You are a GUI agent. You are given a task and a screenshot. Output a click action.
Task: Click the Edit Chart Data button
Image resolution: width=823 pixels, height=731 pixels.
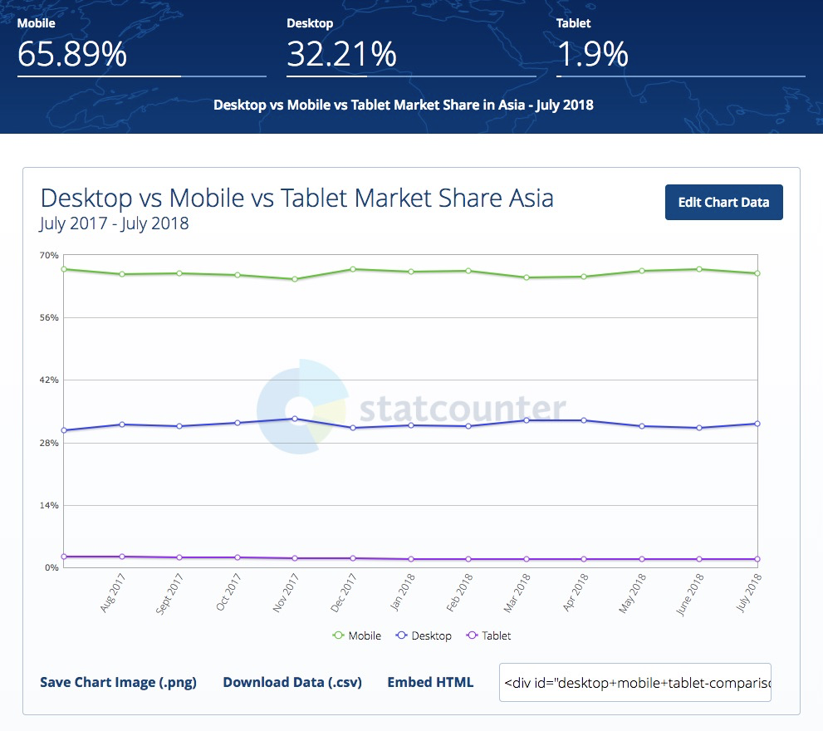pyautogui.click(x=723, y=202)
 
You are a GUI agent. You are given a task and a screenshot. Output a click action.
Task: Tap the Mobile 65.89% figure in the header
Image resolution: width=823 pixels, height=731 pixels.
pyautogui.click(x=72, y=55)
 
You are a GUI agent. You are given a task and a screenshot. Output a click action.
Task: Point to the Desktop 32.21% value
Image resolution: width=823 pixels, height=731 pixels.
pyautogui.click(x=341, y=55)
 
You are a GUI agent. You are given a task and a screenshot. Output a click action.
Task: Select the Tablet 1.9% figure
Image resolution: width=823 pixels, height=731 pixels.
pyautogui.click(x=592, y=55)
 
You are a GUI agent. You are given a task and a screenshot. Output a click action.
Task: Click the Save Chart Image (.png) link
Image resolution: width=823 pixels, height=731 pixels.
pyautogui.click(x=118, y=682)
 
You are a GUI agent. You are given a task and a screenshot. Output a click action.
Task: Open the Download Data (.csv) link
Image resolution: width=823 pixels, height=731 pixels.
pyautogui.click(x=292, y=682)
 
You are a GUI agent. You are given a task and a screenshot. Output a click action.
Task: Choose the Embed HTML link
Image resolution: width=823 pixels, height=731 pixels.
pyautogui.click(x=430, y=682)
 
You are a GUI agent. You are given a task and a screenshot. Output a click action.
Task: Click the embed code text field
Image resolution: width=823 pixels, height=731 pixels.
pyautogui.click(x=634, y=682)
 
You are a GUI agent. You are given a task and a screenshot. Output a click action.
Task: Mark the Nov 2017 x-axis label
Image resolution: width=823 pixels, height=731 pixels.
pyautogui.click(x=285, y=593)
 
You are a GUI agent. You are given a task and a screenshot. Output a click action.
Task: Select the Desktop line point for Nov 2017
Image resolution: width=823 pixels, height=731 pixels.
pyautogui.click(x=295, y=419)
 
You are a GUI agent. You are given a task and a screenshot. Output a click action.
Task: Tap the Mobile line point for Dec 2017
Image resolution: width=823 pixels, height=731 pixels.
pyautogui.click(x=353, y=269)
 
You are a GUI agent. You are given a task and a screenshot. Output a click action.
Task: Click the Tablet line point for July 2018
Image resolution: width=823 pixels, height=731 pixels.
pyautogui.click(x=757, y=559)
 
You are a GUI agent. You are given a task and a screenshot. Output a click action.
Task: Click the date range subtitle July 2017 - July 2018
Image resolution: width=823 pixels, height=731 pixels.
pyautogui.click(x=114, y=223)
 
